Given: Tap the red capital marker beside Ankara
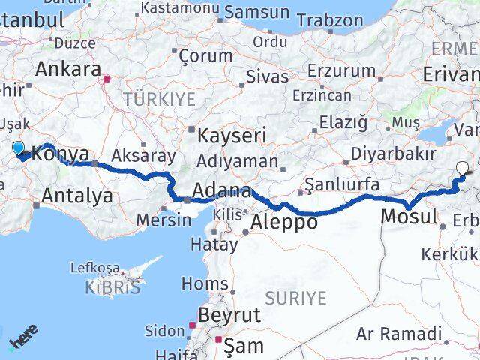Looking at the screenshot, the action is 107,77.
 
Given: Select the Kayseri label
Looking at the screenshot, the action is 232,136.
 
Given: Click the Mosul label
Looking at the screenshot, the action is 409,217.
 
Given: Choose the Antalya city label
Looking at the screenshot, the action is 78,196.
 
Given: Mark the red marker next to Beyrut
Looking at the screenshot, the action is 192,325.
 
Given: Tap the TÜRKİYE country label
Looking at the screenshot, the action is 159,98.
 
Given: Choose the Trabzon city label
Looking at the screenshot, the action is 329,20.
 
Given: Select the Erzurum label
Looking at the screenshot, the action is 341,70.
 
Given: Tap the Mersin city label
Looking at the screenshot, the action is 164,220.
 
